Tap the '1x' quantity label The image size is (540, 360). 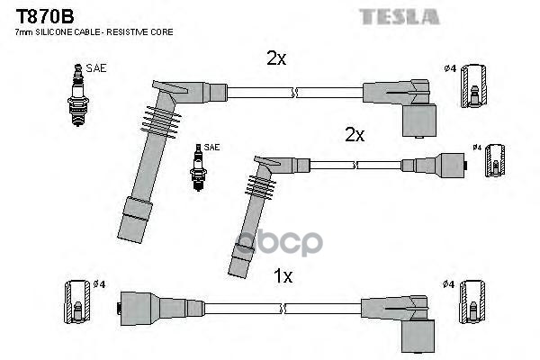tap(283, 276)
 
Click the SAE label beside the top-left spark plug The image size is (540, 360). tap(95, 67)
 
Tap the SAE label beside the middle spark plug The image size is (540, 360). tap(211, 147)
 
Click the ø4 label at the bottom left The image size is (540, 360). tap(99, 284)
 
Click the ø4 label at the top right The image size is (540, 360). tap(449, 67)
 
